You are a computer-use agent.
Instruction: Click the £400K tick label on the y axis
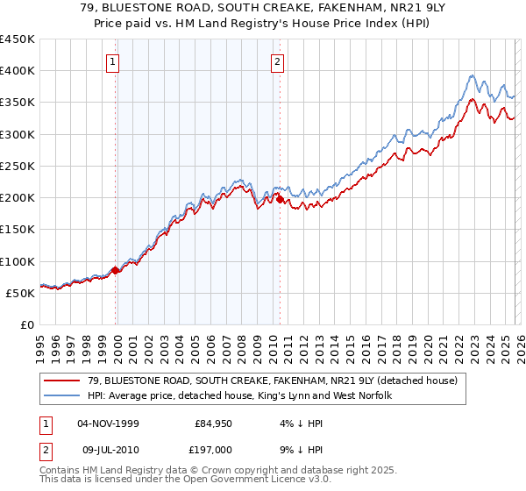pos(18,71)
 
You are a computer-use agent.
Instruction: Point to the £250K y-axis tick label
pos(18,166)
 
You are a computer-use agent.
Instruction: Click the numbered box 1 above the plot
pos(115,61)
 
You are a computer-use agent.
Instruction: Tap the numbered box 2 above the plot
pos(277,61)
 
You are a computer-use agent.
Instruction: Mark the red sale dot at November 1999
pos(116,270)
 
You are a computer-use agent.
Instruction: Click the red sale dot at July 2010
pos(280,200)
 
